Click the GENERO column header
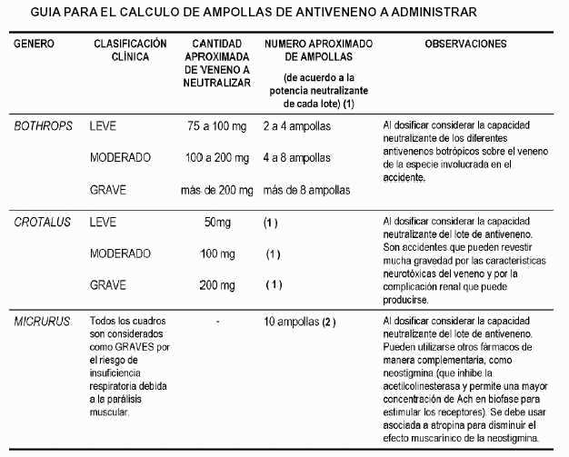pyautogui.click(x=35, y=44)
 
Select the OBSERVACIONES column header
pyautogui.click(x=465, y=44)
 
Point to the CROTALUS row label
pyautogui.click(x=40, y=222)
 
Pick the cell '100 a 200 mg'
pyautogui.click(x=216, y=158)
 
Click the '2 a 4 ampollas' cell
pyautogui.click(x=296, y=126)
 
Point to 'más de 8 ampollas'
pyautogui.click(x=305, y=190)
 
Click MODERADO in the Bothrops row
pyautogui.click(x=120, y=158)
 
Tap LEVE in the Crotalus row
pyautogui.click(x=103, y=222)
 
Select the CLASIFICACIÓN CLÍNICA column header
pyautogui.click(x=130, y=50)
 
